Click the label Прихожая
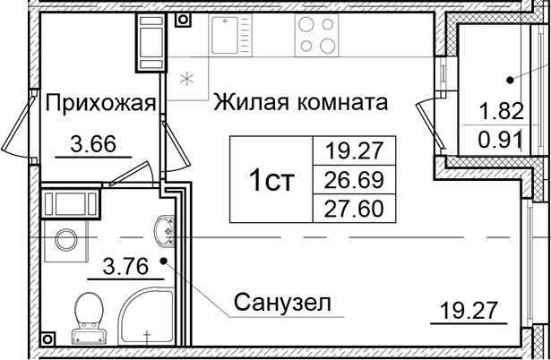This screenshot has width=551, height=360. pyautogui.click(x=101, y=103)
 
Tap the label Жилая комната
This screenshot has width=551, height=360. pyautogui.click(x=300, y=102)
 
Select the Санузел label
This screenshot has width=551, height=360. pyautogui.click(x=282, y=303)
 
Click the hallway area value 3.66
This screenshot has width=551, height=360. pyautogui.click(x=92, y=143)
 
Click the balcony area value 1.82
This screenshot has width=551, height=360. pyautogui.click(x=500, y=113)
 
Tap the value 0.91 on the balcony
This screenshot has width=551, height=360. pyautogui.click(x=500, y=139)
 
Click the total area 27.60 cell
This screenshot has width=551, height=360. pyautogui.click(x=352, y=209)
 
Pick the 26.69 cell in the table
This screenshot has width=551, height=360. pyautogui.click(x=352, y=180)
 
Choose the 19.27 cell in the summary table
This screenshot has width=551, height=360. pyautogui.click(x=352, y=151)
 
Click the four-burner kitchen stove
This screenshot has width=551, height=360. pyautogui.click(x=315, y=35)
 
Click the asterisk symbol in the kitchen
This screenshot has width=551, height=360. pyautogui.click(x=187, y=77)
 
